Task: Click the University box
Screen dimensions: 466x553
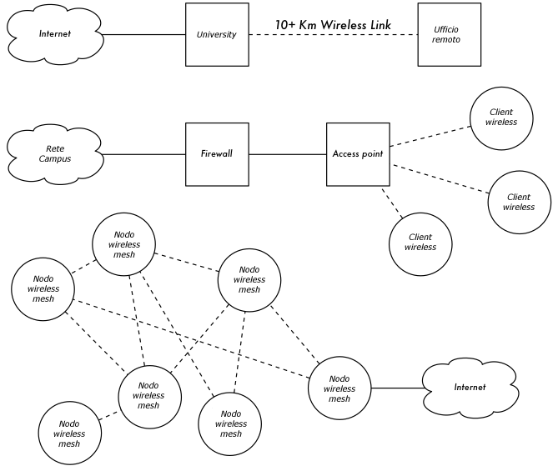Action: coord(217,35)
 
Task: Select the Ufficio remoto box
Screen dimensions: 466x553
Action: coord(449,35)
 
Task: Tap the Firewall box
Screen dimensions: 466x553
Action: coord(217,154)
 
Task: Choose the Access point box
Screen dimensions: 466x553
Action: coord(357,154)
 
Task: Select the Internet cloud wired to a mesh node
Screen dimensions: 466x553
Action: coord(469,388)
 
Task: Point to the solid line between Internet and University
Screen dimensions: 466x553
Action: coord(143,35)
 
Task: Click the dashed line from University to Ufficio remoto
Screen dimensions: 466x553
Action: coord(334,35)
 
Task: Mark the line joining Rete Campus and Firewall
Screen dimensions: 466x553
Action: coord(143,154)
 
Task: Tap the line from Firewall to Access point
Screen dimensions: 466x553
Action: coord(287,154)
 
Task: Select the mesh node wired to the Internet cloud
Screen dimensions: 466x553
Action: coord(339,388)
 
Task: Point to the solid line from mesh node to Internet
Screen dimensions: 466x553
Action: coord(396,388)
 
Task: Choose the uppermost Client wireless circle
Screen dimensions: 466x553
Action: coord(500,118)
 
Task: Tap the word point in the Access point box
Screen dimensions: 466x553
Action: coord(371,154)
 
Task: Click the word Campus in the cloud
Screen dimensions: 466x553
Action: coord(55,159)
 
